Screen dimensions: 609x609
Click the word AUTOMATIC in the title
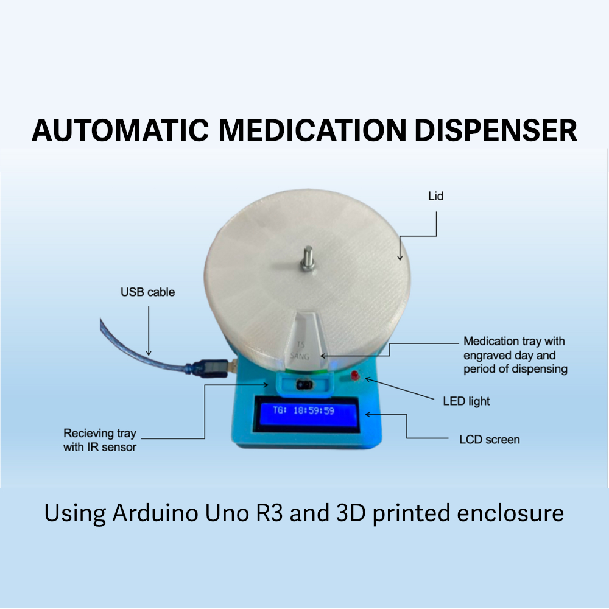coord(121,130)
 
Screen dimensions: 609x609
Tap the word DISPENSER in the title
coord(496,130)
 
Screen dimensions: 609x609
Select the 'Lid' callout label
coord(436,196)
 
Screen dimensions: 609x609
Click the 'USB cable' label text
coord(147,292)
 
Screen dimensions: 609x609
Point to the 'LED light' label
coord(466,401)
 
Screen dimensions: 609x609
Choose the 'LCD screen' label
coord(490,440)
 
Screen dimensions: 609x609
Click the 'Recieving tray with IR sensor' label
coord(100,440)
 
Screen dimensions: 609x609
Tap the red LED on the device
coord(354,375)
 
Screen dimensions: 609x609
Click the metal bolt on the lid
coord(307,258)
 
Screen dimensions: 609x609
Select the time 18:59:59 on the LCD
coord(314,410)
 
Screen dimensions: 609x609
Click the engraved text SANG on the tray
coord(300,356)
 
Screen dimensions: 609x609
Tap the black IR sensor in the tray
coord(304,385)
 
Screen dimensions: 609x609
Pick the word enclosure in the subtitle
coord(510,513)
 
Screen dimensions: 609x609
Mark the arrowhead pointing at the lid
coord(400,258)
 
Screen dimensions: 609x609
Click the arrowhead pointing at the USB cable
coord(149,353)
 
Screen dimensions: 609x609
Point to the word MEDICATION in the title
coord(312,130)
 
